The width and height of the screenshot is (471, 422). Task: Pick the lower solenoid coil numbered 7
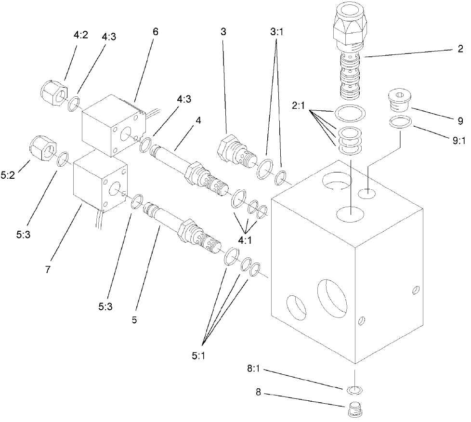pos(101,185)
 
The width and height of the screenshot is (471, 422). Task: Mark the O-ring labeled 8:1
pos(355,388)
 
